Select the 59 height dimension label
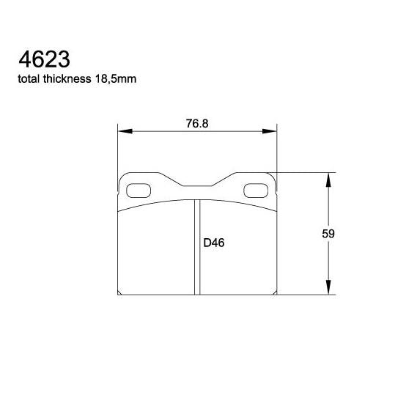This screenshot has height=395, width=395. (x=328, y=235)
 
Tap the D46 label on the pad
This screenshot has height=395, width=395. (x=213, y=243)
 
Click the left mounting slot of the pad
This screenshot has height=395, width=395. (x=139, y=191)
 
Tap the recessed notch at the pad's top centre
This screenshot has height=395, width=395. (x=198, y=188)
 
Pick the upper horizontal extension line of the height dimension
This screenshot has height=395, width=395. (x=308, y=172)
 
